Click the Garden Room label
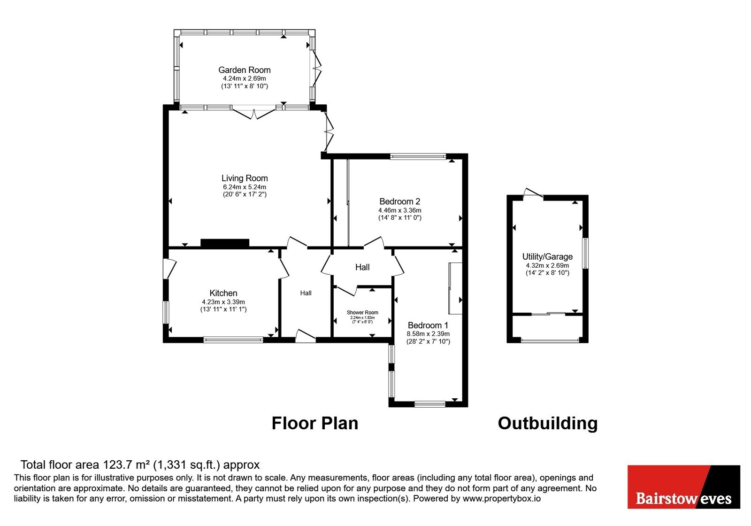[x=245, y=70]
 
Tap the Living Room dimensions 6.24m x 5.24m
[x=245, y=187]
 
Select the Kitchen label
[x=223, y=293]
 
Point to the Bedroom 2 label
[x=399, y=201]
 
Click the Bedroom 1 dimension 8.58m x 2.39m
[x=428, y=334]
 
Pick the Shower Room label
[x=362, y=312]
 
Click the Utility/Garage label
[x=547, y=256]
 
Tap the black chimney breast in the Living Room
[x=225, y=243]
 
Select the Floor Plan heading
[x=315, y=423]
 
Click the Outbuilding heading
[x=548, y=423]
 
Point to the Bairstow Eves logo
[x=684, y=487]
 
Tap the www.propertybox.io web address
[x=502, y=498]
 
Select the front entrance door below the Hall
[x=306, y=336]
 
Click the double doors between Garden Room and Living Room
[x=254, y=112]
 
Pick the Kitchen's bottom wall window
[x=233, y=340]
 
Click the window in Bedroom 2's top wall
[x=418, y=156]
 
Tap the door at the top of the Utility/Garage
[x=533, y=193]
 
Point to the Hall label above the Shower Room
[x=362, y=267]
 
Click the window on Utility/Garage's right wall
[x=585, y=253]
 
